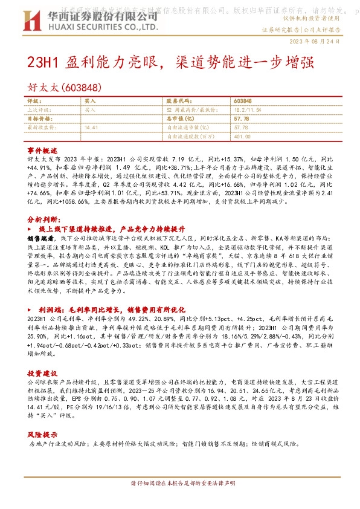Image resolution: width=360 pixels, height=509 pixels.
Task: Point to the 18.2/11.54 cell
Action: point(246,109)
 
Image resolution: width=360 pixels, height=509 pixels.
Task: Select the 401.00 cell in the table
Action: point(242,137)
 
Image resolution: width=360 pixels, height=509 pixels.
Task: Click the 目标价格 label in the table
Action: point(39,118)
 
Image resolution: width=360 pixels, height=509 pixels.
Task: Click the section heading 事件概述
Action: point(43,149)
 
